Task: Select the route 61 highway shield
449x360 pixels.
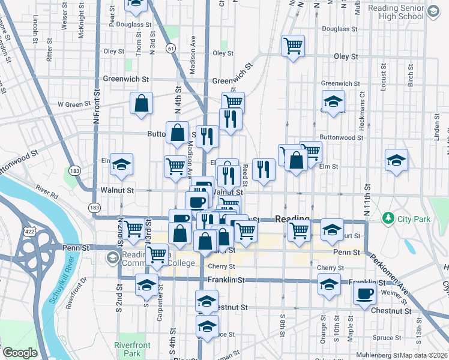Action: click(x=172, y=48)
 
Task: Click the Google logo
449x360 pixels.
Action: click(x=20, y=353)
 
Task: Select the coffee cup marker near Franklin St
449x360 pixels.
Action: click(x=364, y=294)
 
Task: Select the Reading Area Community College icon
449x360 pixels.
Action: click(x=112, y=258)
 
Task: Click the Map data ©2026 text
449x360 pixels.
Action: click(x=424, y=355)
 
